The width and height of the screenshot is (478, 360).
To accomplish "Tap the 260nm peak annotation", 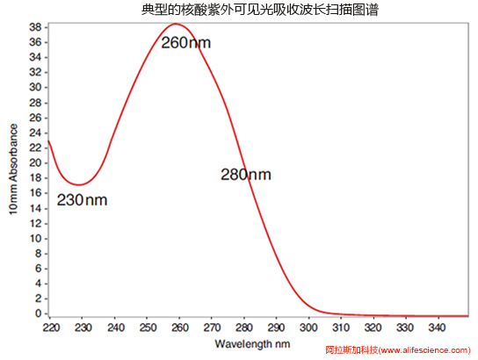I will pyautogui.click(x=185, y=42).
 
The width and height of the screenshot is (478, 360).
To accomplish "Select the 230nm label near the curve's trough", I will pyautogui.click(x=82, y=199).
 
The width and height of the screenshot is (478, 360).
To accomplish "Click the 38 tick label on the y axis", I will pyautogui.click(x=35, y=27).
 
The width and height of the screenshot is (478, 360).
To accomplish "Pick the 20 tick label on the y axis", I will pyautogui.click(x=35, y=162).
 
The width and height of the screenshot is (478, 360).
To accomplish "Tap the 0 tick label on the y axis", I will pyautogui.click(x=39, y=313).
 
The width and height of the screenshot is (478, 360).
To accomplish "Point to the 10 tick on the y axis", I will pyautogui.click(x=35, y=238).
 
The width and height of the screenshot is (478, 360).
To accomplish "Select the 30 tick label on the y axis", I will pyautogui.click(x=35, y=88).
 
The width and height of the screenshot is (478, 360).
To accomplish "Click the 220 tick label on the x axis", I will pyautogui.click(x=51, y=328).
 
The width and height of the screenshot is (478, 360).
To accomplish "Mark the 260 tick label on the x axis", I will pyautogui.click(x=180, y=328).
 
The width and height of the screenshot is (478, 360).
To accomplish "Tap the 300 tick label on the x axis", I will pyautogui.click(x=309, y=328).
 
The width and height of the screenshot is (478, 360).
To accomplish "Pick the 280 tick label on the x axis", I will pyautogui.click(x=245, y=328).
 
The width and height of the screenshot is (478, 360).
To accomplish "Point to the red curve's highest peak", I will pyautogui.click(x=176, y=24).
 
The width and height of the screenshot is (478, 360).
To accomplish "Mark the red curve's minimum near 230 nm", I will pyautogui.click(x=79, y=185).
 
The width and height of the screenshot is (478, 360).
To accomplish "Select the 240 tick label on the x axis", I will pyautogui.click(x=115, y=328).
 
